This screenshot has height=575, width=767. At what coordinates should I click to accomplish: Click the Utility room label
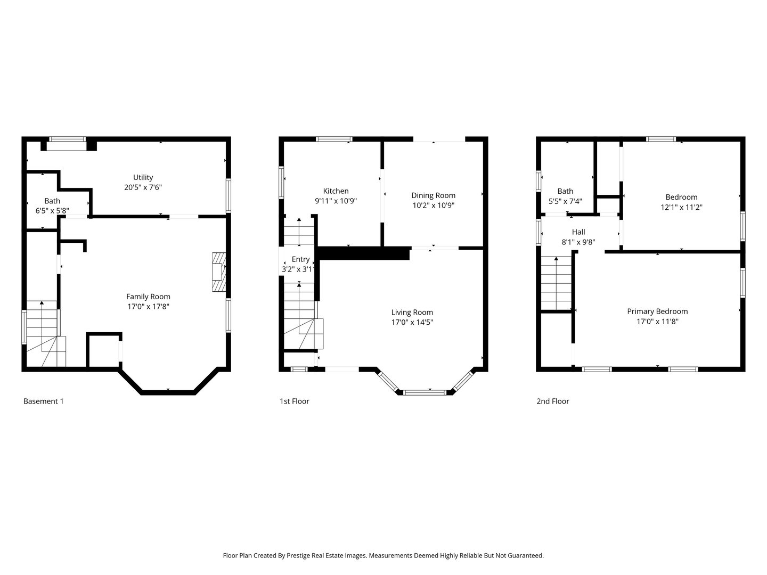[x=143, y=177]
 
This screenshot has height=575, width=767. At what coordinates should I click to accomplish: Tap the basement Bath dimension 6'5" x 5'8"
[x=52, y=210]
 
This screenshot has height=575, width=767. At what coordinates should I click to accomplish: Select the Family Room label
[x=148, y=297]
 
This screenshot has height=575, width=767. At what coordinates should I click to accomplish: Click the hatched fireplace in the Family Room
[x=218, y=272]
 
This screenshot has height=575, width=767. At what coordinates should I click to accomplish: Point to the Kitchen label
[x=336, y=191]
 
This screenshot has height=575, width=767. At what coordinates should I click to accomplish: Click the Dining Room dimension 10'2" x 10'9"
[x=433, y=205]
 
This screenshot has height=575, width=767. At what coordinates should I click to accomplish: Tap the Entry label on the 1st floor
[x=300, y=259]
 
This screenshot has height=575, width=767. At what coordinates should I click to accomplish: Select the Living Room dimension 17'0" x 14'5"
[x=412, y=322]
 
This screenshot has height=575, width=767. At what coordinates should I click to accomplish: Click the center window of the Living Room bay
[x=424, y=392]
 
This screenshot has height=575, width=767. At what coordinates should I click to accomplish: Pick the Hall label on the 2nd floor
[x=578, y=232]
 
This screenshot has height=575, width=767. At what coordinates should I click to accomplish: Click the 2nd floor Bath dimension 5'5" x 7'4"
[x=565, y=201]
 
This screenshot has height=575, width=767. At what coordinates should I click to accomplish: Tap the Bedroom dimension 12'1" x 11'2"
[x=681, y=207]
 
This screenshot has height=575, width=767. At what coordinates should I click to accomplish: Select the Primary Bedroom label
[x=657, y=311]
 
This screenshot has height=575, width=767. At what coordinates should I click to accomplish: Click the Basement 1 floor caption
[x=43, y=401]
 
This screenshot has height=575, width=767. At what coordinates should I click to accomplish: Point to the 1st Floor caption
[x=294, y=401]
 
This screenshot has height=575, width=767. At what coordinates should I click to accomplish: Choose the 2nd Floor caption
[x=552, y=401]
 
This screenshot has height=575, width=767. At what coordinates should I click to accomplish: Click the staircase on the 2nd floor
[x=557, y=282]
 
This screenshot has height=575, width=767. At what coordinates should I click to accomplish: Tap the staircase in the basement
[x=43, y=333]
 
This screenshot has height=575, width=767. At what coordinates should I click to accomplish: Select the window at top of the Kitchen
[x=334, y=139]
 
